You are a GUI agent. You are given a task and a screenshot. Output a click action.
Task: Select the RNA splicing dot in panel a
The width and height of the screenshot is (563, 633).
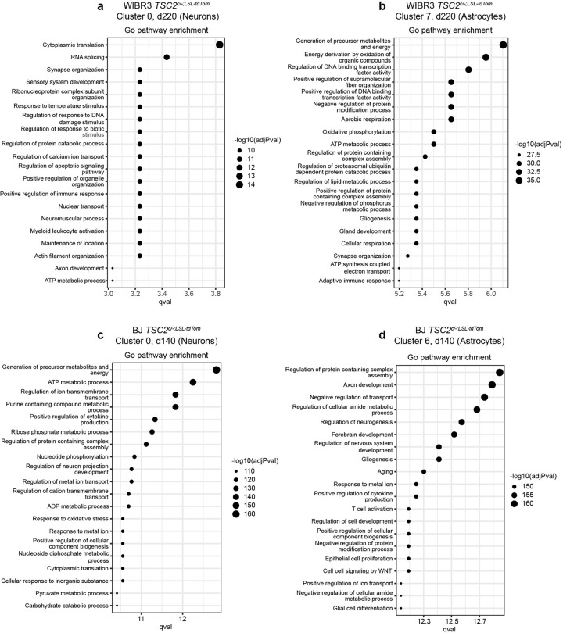(167, 57)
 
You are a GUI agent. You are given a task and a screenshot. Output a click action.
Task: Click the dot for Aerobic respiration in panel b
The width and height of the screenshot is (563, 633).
(451, 119)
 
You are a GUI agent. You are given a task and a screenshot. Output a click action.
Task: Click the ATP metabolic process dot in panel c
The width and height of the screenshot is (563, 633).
(193, 382)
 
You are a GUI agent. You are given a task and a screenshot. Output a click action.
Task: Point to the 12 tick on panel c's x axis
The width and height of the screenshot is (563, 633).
(182, 619)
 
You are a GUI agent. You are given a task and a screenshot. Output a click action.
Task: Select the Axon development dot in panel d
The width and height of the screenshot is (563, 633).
(492, 384)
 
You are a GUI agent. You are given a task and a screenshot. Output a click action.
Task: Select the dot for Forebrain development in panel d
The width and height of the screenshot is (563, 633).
(454, 434)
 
